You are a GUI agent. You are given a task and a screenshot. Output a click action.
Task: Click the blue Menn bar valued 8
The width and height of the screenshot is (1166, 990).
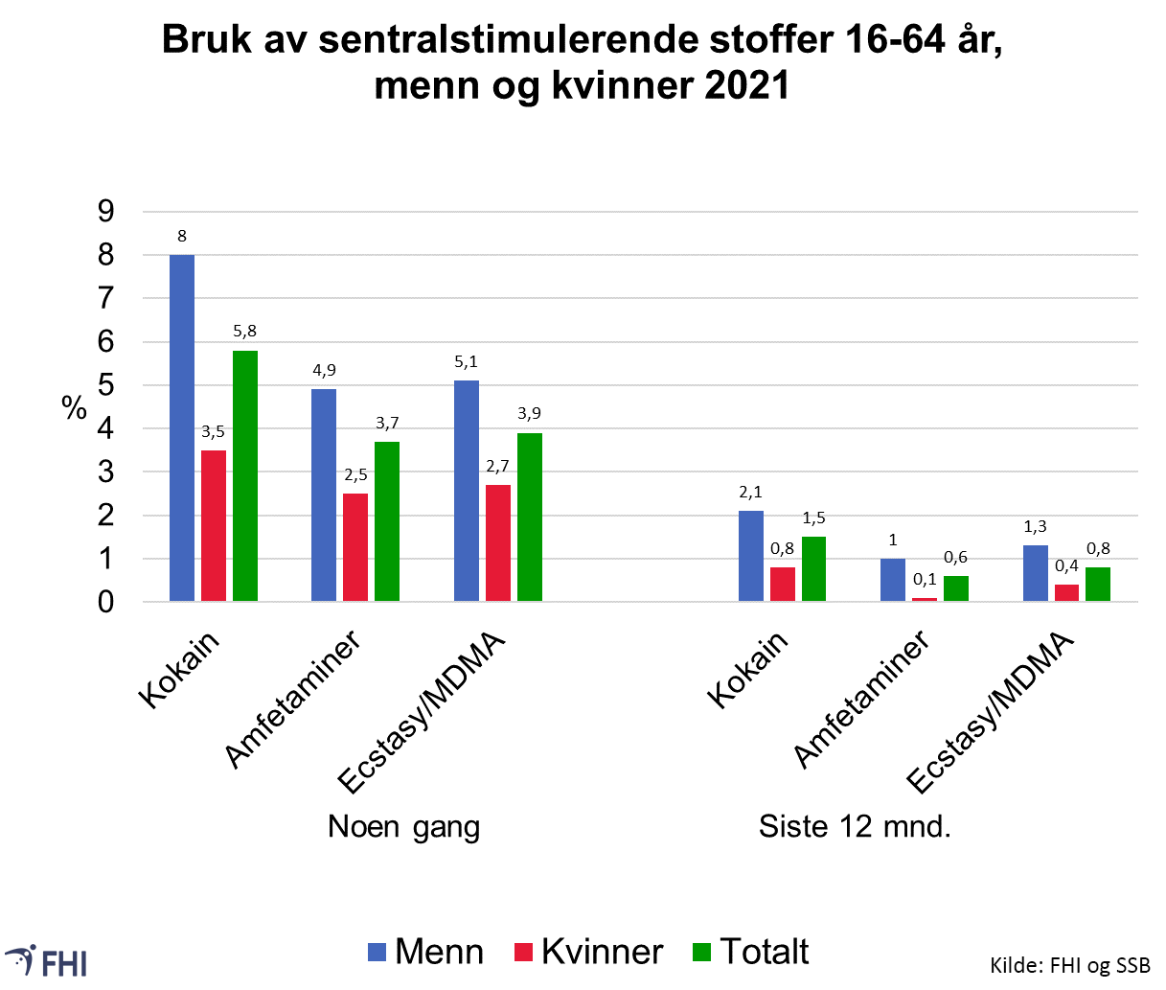tap(182, 428)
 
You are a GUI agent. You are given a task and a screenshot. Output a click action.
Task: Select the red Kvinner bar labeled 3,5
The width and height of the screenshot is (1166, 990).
tap(214, 526)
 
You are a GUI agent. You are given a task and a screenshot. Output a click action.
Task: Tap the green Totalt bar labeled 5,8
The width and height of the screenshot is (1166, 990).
tap(245, 476)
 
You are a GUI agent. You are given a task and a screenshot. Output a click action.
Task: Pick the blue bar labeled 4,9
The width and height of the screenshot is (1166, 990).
tap(324, 495)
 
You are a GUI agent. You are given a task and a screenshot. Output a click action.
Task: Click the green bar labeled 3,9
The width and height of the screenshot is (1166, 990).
tap(530, 518)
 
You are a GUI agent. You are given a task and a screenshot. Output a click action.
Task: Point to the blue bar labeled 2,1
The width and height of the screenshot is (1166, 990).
tap(751, 556)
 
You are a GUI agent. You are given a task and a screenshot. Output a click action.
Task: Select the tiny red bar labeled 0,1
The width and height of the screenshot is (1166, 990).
tap(925, 599)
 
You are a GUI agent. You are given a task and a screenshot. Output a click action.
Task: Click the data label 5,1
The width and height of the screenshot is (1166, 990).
tap(467, 362)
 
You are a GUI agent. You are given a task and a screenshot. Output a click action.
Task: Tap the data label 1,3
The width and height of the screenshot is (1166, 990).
tap(1035, 527)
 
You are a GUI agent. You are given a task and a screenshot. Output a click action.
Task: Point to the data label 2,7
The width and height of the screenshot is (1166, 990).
tap(498, 467)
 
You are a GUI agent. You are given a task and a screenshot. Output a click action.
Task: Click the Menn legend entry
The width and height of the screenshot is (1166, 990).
tap(426, 952)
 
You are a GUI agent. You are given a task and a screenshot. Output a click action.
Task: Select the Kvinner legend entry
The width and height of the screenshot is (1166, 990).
tap(589, 952)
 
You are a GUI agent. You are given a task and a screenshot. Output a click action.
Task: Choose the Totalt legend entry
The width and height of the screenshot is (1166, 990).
tap(751, 952)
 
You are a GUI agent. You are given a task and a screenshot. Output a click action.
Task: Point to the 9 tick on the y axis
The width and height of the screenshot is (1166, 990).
tap(105, 212)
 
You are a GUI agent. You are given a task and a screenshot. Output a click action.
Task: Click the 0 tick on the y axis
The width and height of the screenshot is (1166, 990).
tap(105, 603)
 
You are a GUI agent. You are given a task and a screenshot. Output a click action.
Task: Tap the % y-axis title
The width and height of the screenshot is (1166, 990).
tap(75, 408)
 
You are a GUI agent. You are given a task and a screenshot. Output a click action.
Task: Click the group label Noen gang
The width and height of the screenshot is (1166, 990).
tap(403, 827)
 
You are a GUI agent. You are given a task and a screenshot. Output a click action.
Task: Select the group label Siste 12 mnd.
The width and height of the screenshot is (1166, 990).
tap(855, 826)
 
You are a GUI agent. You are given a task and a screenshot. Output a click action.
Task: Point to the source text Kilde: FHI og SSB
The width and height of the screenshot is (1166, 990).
tap(1070, 965)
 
